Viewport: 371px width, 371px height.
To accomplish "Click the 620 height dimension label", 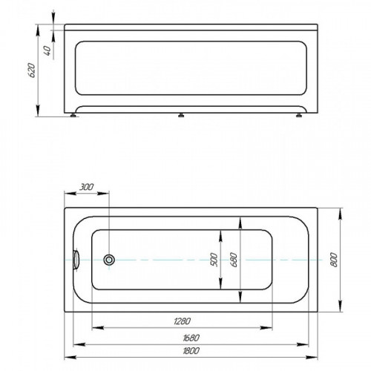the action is [32, 70].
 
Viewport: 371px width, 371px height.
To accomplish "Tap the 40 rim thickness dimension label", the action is [48, 50].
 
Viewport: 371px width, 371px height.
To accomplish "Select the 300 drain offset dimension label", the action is [86, 187].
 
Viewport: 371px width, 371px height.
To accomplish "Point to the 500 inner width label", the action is [214, 260].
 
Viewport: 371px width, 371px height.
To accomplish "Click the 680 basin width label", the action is [234, 260].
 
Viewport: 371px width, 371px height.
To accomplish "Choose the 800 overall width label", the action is [334, 260].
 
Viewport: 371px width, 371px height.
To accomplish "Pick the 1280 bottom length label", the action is [183, 321].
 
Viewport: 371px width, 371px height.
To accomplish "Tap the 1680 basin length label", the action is [191, 338].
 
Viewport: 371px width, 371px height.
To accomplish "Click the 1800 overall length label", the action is [191, 351].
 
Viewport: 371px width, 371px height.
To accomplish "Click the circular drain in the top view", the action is [109, 260].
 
